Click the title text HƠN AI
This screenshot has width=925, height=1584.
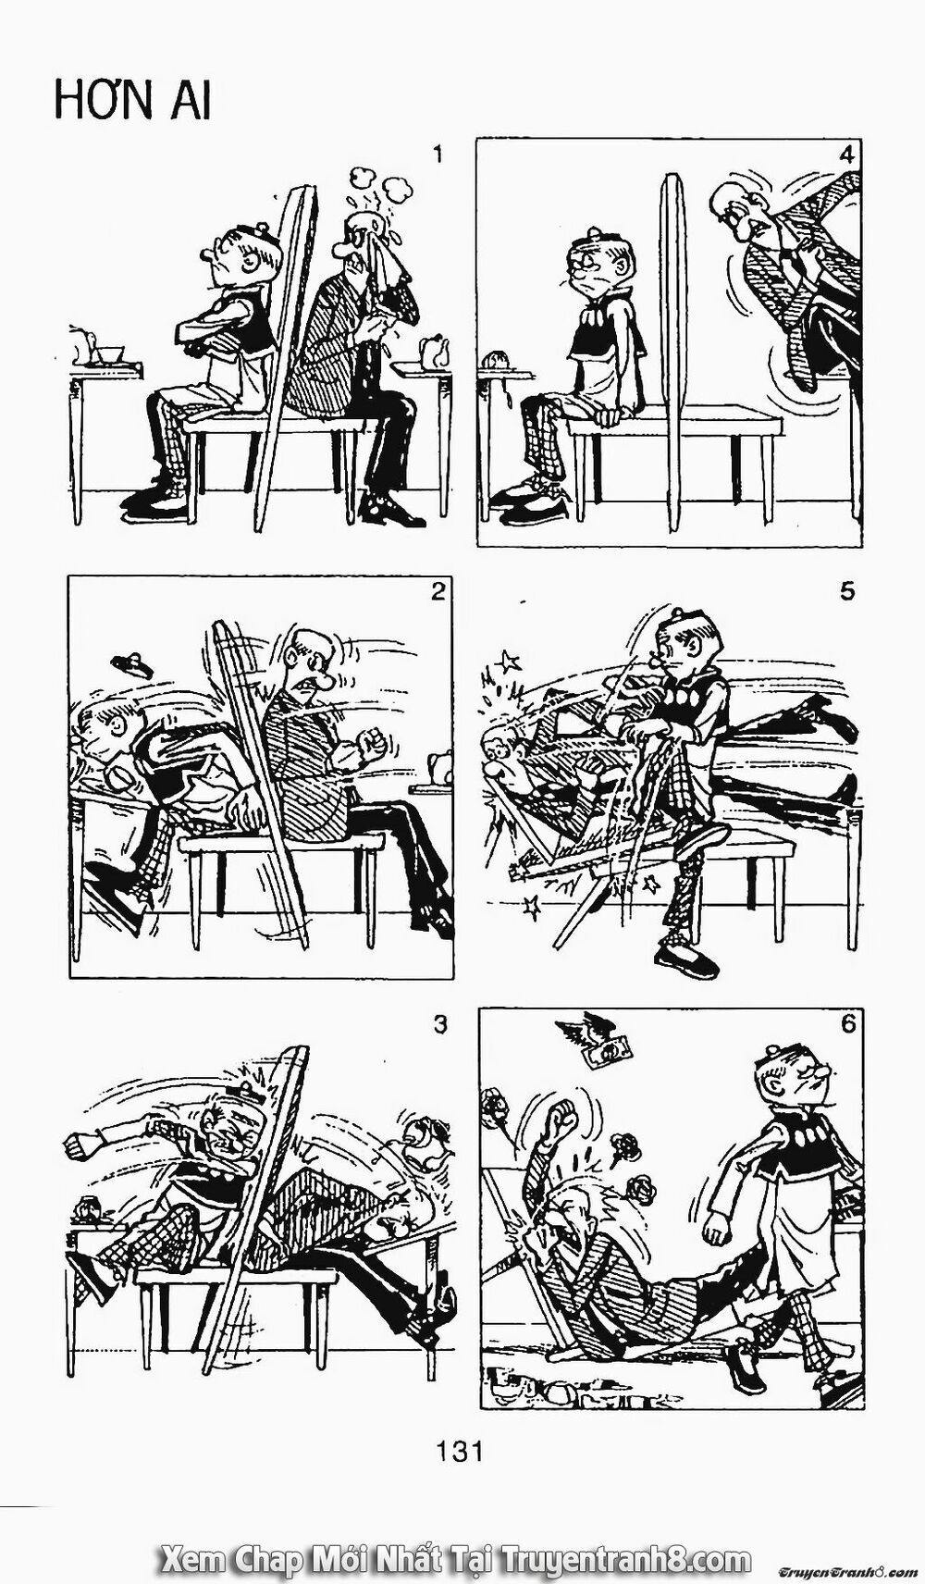(x=132, y=101)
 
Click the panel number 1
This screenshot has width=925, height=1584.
(x=438, y=155)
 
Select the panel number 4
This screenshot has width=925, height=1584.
(x=844, y=155)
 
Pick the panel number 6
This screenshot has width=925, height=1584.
(x=848, y=1024)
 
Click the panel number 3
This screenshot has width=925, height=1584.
(x=439, y=1024)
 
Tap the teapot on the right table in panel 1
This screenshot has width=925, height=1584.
(x=432, y=352)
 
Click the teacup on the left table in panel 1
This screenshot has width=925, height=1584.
(x=109, y=354)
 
